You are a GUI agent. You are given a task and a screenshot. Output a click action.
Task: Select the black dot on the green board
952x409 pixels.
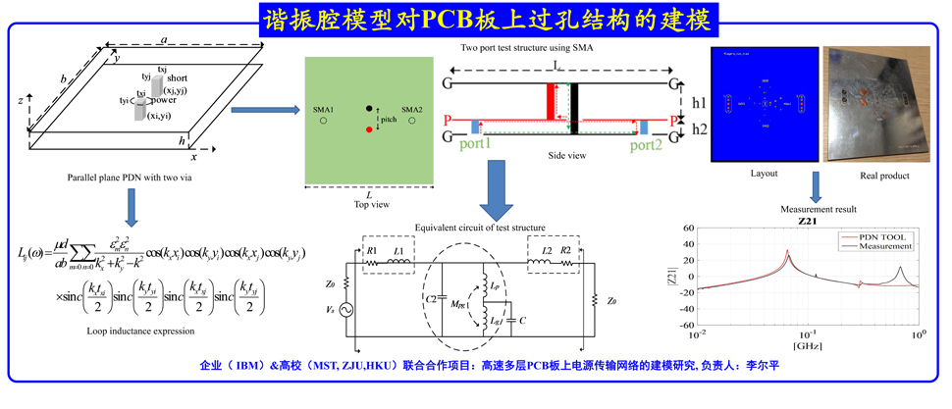click(x=370, y=108)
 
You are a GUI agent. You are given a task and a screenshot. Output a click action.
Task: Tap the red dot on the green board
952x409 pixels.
click(x=370, y=128)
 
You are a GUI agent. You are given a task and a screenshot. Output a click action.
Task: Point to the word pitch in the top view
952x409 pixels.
click(x=389, y=120)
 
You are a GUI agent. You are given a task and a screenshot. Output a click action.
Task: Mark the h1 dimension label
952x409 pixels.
click(x=698, y=102)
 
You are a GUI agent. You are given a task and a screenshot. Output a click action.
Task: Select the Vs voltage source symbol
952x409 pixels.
click(x=347, y=310)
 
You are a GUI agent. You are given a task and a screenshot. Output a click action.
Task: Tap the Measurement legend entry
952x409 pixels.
click(x=887, y=246)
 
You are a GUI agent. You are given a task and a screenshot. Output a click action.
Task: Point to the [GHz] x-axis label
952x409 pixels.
click(x=808, y=347)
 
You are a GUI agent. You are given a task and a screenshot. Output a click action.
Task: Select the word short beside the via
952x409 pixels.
click(x=178, y=77)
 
